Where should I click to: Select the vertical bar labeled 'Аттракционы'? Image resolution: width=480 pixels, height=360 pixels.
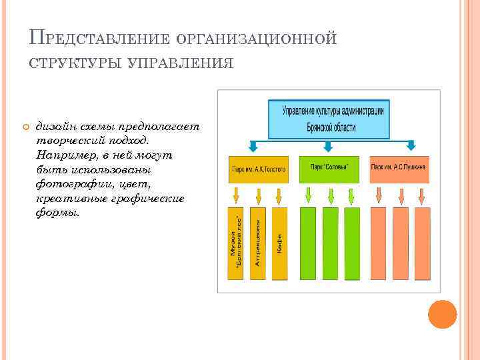(257, 243)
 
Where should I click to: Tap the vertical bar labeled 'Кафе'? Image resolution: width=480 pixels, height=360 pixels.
(279, 243)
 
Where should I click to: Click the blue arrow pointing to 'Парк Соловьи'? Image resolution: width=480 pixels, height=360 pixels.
(327, 147)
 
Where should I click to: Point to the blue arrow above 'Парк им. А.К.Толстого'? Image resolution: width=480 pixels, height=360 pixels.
(253, 147)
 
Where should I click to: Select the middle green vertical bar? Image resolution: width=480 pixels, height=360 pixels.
(330, 243)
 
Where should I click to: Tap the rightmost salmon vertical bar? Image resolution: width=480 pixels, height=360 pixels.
(421, 243)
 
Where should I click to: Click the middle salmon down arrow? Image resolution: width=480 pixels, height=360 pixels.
(401, 195)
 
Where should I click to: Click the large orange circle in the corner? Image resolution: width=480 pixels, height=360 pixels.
(441, 313)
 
